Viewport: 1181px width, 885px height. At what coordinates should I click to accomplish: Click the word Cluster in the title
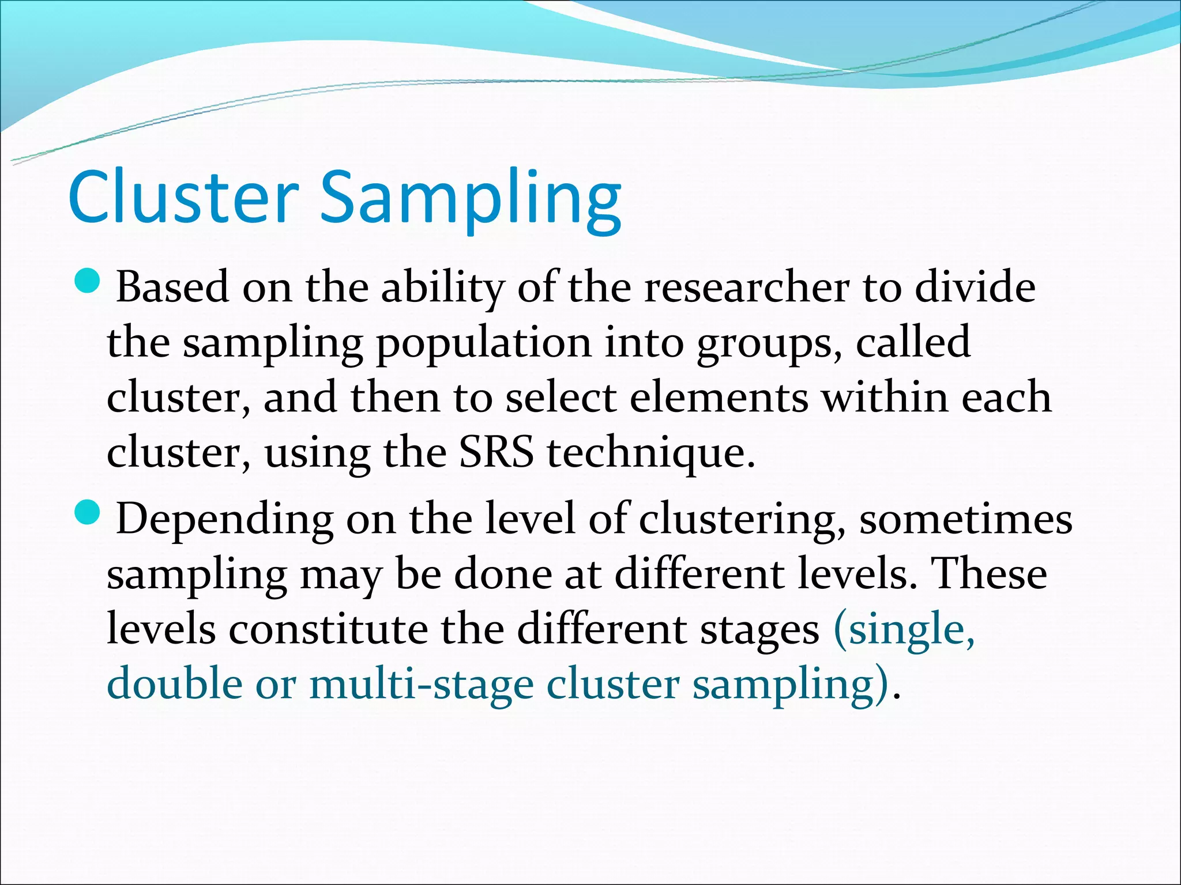pos(183,197)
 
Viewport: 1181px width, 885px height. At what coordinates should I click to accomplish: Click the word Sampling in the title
pos(471,199)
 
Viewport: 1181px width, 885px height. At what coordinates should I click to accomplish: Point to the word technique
pos(650,454)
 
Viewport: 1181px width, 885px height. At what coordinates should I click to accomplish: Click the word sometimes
pos(965,519)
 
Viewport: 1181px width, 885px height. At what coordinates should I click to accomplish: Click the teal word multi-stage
pos(422,684)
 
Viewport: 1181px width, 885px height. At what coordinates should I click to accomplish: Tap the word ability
pos(442,288)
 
